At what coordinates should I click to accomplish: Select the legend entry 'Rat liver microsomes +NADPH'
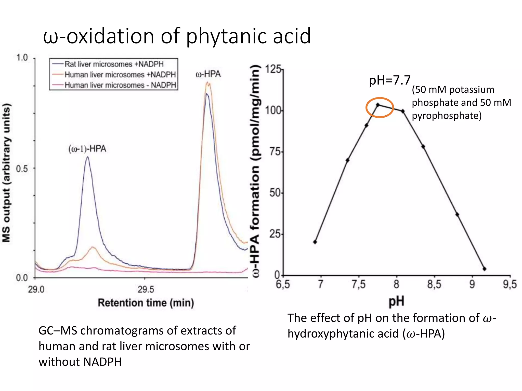(114, 64)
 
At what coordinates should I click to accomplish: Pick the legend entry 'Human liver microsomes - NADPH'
(120, 85)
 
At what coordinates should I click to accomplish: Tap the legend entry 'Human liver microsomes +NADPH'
(120, 75)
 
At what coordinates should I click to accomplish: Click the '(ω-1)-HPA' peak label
(87, 149)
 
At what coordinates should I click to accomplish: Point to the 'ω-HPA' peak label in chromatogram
(208, 74)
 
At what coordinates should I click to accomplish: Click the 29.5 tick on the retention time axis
(146, 289)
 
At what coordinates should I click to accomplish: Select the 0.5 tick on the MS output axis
(22, 169)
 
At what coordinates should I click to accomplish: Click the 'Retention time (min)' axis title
(146, 303)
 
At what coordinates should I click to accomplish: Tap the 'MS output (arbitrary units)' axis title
(7, 173)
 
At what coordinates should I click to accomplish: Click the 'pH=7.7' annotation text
(390, 80)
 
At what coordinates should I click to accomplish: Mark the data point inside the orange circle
(378, 105)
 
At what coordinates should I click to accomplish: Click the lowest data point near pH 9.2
(484, 269)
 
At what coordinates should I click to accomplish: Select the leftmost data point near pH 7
(315, 242)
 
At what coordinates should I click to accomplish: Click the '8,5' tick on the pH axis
(434, 284)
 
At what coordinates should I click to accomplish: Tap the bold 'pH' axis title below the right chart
(396, 302)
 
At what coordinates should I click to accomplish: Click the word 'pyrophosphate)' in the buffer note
(447, 116)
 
